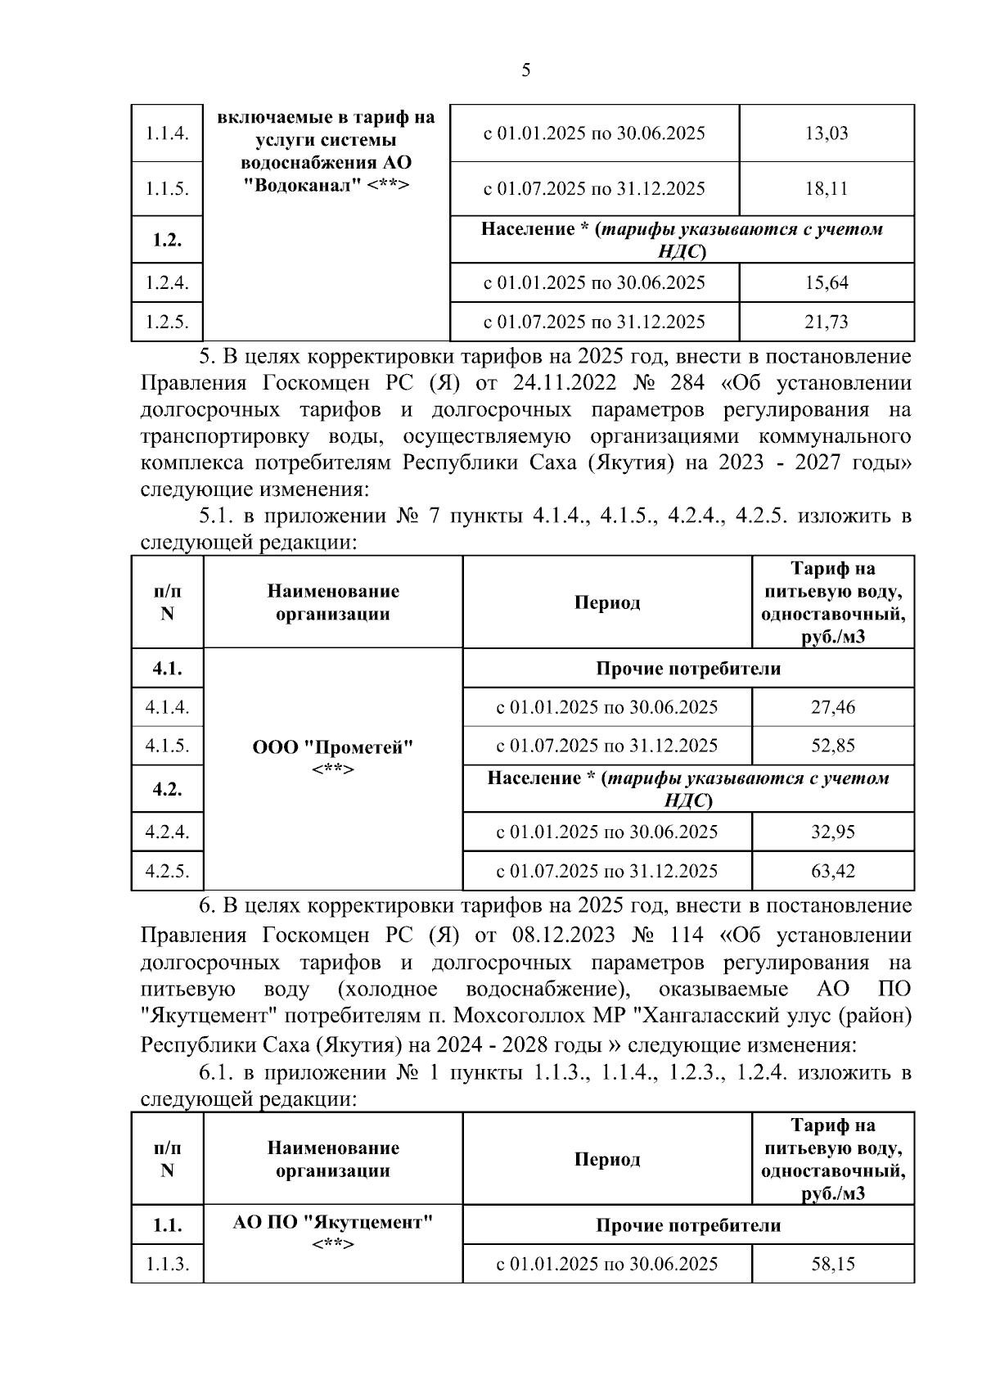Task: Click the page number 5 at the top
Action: pyautogui.click(x=525, y=70)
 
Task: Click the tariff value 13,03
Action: pyautogui.click(x=827, y=133)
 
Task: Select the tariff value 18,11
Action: pyautogui.click(x=827, y=189)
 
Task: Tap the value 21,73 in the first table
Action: pyautogui.click(x=827, y=322)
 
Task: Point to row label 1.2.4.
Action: pyautogui.click(x=167, y=283)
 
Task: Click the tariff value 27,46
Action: pyautogui.click(x=832, y=707)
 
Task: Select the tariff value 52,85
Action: pyautogui.click(x=832, y=746)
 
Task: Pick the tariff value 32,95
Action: pyautogui.click(x=832, y=832)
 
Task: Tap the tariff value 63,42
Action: pyautogui.click(x=832, y=871)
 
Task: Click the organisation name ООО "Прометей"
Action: pyautogui.click(x=332, y=748)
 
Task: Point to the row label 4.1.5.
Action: pyautogui.click(x=167, y=746)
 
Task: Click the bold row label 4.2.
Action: pyautogui.click(x=167, y=789)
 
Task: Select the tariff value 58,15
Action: pyautogui.click(x=832, y=1264)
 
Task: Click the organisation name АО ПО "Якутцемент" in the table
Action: pyautogui.click(x=332, y=1223)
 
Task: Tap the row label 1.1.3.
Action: pyautogui.click(x=167, y=1264)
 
